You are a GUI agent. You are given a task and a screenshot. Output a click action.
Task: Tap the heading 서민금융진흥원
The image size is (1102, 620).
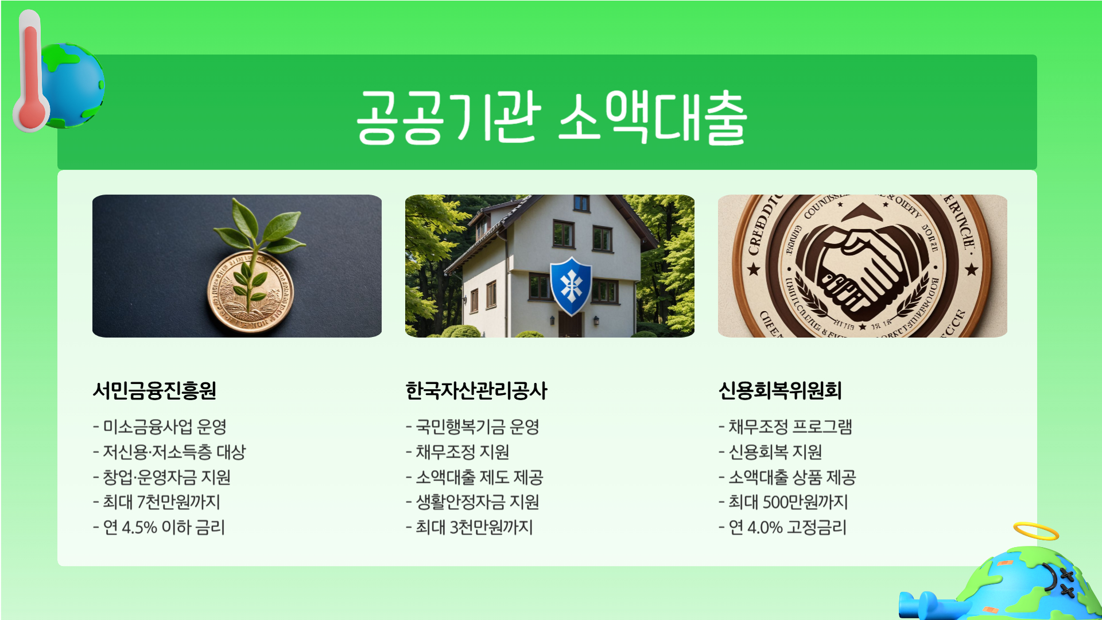[154, 390]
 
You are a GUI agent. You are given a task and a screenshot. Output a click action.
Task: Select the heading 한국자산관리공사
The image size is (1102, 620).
[476, 390]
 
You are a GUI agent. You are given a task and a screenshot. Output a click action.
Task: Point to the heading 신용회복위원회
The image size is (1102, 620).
[780, 390]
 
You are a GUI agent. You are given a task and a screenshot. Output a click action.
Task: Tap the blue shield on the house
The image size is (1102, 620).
[571, 285]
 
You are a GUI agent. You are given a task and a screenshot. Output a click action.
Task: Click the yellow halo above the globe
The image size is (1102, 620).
[1035, 531]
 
